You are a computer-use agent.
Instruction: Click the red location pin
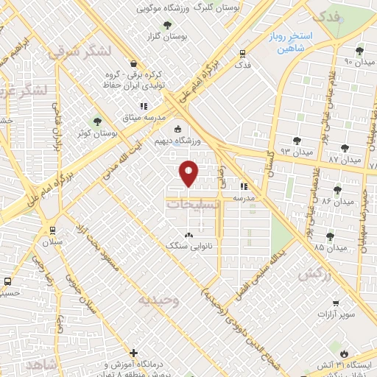(189, 172)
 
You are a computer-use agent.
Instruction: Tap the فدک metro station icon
(243, 53)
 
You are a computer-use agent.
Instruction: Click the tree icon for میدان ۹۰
(359, 50)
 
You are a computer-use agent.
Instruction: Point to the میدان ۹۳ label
(297, 153)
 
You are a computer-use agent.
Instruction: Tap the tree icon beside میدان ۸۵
(328, 236)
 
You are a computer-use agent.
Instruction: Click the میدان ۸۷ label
(344, 158)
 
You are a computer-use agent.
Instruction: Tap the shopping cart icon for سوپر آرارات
(336, 303)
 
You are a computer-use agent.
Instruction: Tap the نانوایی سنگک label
(189, 245)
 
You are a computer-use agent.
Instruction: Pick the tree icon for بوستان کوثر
(96, 121)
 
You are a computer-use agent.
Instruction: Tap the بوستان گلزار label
(163, 35)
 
